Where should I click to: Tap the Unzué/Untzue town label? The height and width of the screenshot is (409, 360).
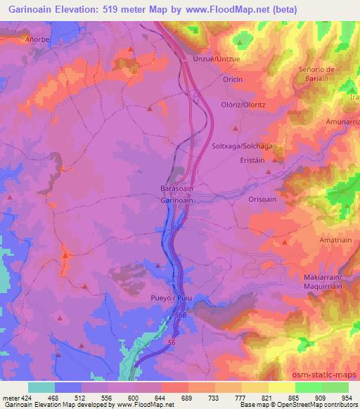(217, 60)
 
